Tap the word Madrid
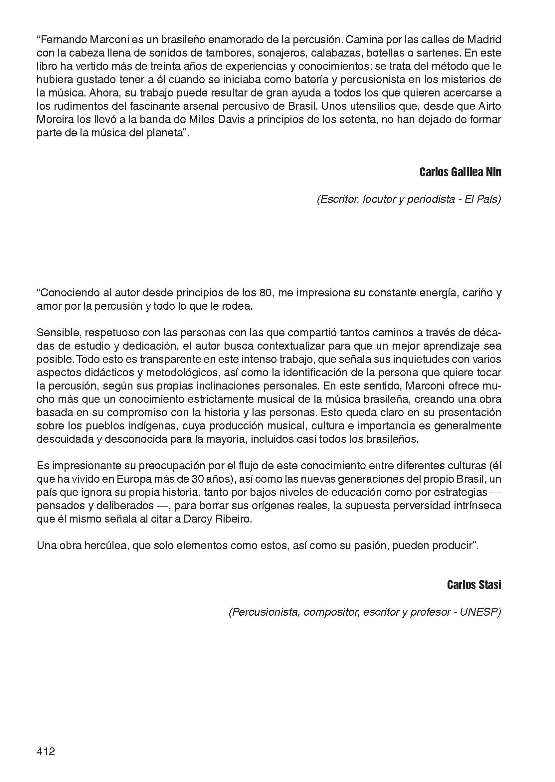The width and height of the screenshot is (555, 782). [484, 40]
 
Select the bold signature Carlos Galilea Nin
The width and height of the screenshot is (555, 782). [460, 172]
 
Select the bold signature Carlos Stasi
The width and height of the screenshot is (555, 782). [474, 585]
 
